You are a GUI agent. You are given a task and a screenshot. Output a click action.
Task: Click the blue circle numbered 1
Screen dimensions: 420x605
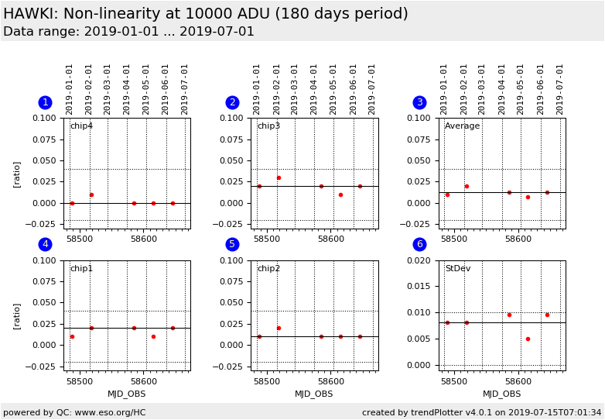(45, 103)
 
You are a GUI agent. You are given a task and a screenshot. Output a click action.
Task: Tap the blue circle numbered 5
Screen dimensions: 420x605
(232, 245)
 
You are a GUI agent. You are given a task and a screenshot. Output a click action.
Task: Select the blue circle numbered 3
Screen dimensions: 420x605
(419, 103)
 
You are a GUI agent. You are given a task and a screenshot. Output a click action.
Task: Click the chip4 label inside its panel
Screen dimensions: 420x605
(81, 126)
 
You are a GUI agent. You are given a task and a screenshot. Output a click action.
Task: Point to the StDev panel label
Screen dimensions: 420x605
(457, 269)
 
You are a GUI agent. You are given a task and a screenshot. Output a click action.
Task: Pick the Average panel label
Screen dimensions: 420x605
(462, 126)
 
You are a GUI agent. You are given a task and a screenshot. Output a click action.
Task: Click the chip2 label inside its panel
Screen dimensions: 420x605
(268, 269)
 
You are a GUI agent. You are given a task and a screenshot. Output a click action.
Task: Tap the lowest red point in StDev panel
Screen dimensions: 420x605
(528, 339)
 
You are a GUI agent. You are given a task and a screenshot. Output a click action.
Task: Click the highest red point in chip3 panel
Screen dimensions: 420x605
(279, 177)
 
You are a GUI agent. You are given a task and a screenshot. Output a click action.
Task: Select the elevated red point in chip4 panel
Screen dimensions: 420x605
(91, 195)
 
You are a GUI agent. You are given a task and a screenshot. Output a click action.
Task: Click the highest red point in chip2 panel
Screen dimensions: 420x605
(279, 328)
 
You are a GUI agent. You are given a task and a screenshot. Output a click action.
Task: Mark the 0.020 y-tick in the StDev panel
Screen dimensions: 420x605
(421, 260)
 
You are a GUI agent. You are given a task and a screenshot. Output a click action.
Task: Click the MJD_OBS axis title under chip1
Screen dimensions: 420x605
(126, 394)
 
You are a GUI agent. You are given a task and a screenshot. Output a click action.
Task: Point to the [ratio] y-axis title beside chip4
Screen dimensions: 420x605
(16, 174)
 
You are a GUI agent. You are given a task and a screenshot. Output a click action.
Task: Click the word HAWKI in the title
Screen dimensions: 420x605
(29, 14)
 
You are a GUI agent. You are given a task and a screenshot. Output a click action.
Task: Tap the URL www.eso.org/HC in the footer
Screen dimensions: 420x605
(110, 413)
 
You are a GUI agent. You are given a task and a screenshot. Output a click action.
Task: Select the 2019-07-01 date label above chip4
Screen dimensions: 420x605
(185, 89)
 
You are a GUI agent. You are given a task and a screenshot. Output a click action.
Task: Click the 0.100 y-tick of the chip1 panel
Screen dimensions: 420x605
(45, 260)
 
